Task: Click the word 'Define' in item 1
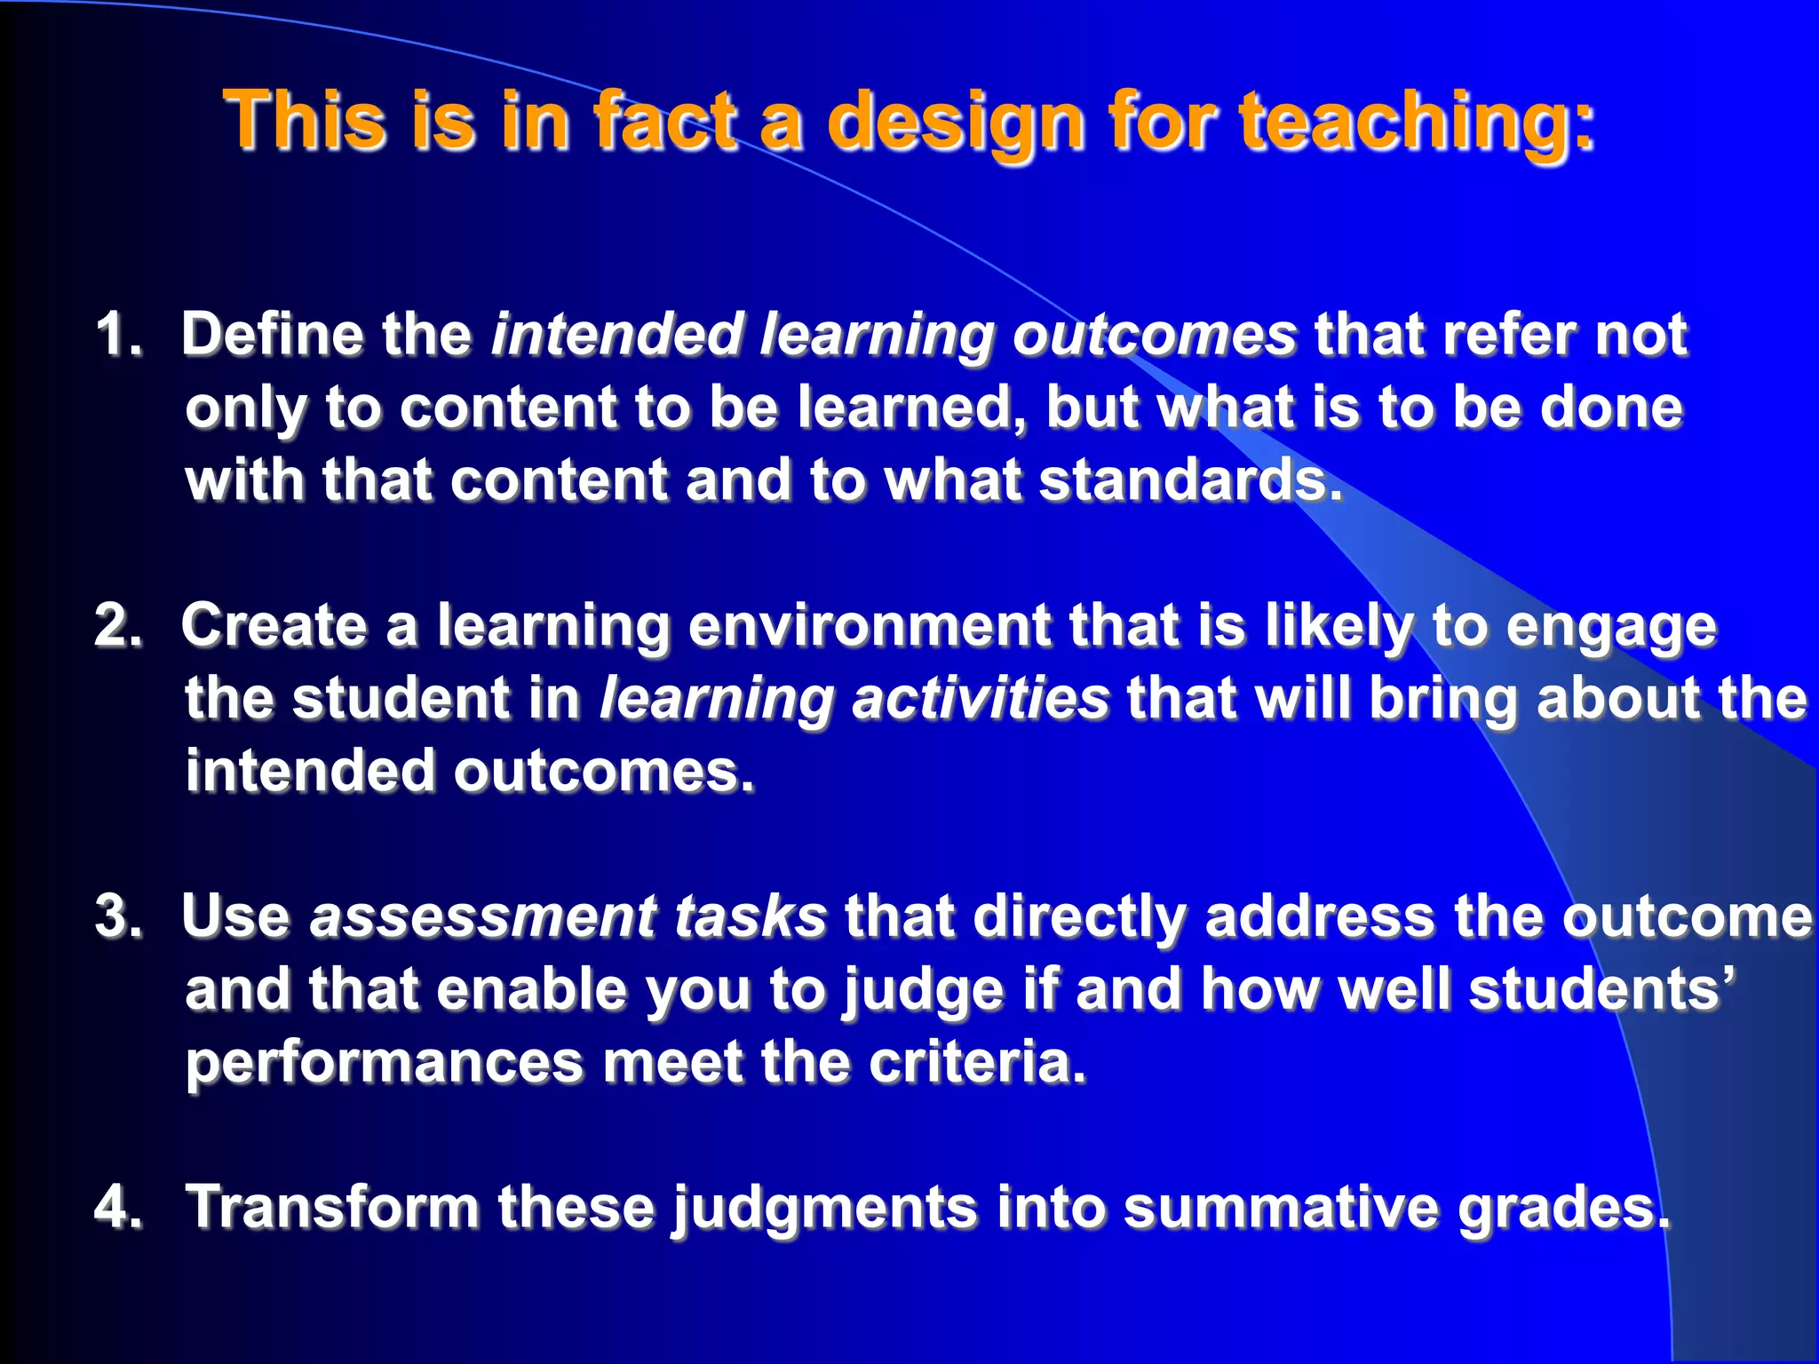(272, 335)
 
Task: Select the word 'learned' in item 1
(905, 408)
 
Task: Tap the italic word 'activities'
(981, 698)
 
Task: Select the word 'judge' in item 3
(924, 991)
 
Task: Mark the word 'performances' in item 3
(384, 1064)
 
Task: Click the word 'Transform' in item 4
(332, 1208)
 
